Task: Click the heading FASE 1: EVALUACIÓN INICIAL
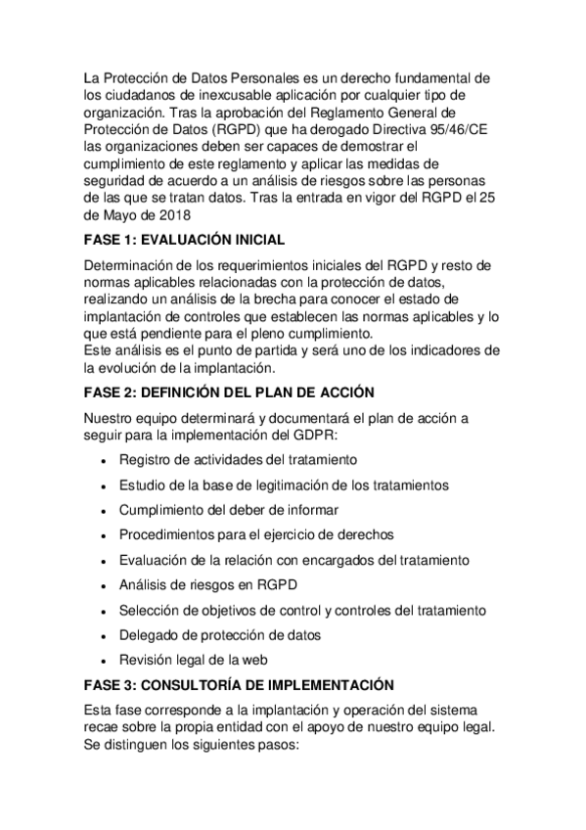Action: [185, 239]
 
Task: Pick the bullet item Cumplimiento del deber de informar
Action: [229, 510]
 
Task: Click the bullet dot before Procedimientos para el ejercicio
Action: [104, 536]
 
